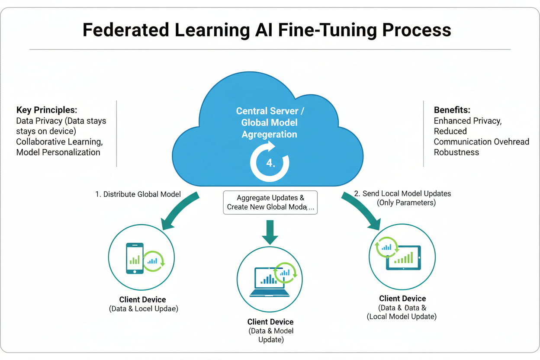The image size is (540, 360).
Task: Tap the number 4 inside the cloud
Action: (270, 164)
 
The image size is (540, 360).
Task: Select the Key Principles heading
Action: (47, 110)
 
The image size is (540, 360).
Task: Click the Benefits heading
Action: (452, 110)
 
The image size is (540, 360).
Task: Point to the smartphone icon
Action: (135, 258)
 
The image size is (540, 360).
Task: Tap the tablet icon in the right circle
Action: (404, 258)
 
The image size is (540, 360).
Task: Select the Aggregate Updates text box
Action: (270, 202)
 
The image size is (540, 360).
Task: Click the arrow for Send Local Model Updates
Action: (361, 211)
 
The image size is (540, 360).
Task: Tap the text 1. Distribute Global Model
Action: (138, 194)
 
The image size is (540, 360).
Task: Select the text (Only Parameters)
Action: (406, 202)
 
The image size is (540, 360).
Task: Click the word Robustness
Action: (456, 152)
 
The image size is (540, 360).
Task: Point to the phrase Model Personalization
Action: (58, 152)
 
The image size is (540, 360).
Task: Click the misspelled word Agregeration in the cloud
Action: (269, 135)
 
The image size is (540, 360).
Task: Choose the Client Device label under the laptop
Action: (270, 322)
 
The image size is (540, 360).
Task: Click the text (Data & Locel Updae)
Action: (143, 309)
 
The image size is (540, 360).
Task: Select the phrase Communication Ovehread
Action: (481, 142)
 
